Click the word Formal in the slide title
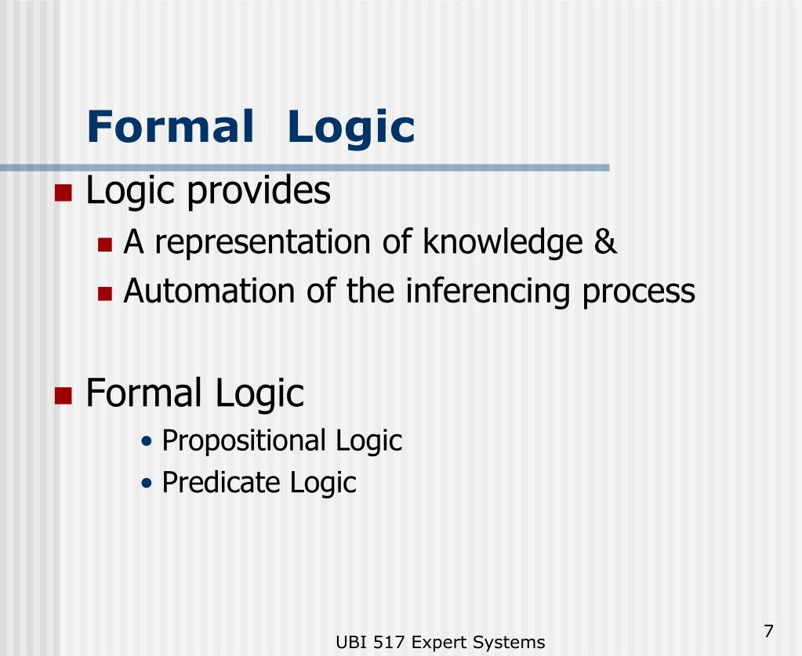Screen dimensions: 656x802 pos(171,127)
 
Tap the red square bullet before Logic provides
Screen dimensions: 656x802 pos(64,193)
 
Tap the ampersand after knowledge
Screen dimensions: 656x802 pos(605,242)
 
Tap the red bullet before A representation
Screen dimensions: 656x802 pos(106,245)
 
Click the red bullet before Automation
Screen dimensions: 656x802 pos(106,294)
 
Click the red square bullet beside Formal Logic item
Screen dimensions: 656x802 pos(64,395)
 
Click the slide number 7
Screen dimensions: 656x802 pos(768,631)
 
